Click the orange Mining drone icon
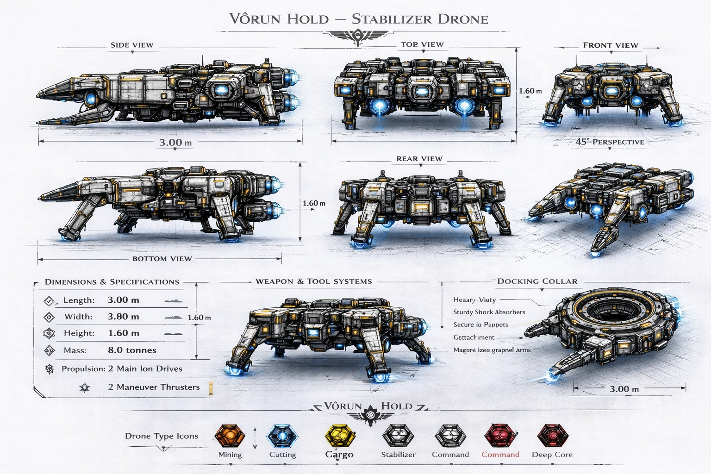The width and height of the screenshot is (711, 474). [x=230, y=436]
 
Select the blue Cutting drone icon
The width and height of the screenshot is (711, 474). [x=282, y=437]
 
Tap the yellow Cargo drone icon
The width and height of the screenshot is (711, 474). [x=339, y=437]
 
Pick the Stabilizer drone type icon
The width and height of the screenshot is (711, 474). [x=398, y=437]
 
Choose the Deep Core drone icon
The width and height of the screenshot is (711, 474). [x=552, y=436]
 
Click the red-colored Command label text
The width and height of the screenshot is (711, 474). [x=500, y=455]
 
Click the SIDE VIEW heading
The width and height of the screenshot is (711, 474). [x=132, y=45]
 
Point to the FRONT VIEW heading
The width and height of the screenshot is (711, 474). [x=611, y=45]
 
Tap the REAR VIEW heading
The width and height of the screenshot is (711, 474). [x=419, y=159]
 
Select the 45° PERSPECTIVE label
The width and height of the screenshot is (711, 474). [x=610, y=142]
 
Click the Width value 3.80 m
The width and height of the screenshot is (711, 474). [x=123, y=317]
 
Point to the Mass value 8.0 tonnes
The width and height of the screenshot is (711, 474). [x=132, y=350]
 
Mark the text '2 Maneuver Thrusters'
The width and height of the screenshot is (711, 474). [x=154, y=387]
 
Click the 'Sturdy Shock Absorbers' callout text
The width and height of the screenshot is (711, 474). [x=489, y=312]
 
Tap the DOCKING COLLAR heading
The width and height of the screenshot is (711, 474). [x=537, y=281]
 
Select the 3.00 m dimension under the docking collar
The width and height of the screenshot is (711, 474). [x=624, y=389]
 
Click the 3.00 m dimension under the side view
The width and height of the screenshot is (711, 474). [x=175, y=143]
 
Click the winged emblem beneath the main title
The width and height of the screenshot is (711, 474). [x=359, y=36]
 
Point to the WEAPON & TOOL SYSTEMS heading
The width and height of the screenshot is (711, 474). [x=313, y=281]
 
